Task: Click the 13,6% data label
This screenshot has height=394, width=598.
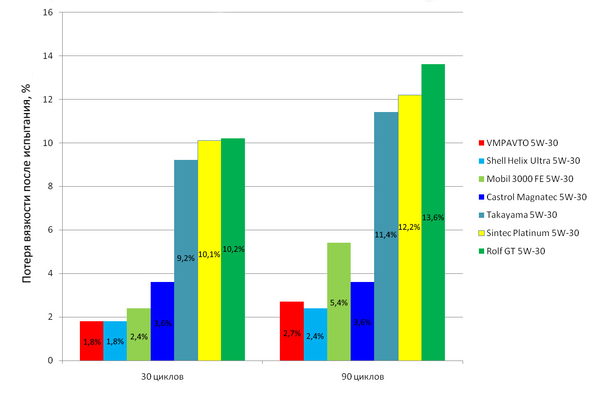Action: (433, 217)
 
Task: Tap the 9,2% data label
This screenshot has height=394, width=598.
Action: (186, 258)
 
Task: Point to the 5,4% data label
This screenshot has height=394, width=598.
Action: (339, 303)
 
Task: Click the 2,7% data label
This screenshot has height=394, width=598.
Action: (292, 333)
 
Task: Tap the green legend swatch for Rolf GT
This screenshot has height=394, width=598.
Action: (481, 251)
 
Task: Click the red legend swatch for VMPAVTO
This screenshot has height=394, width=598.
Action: (481, 143)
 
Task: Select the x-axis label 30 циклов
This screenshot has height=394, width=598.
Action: (162, 377)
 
